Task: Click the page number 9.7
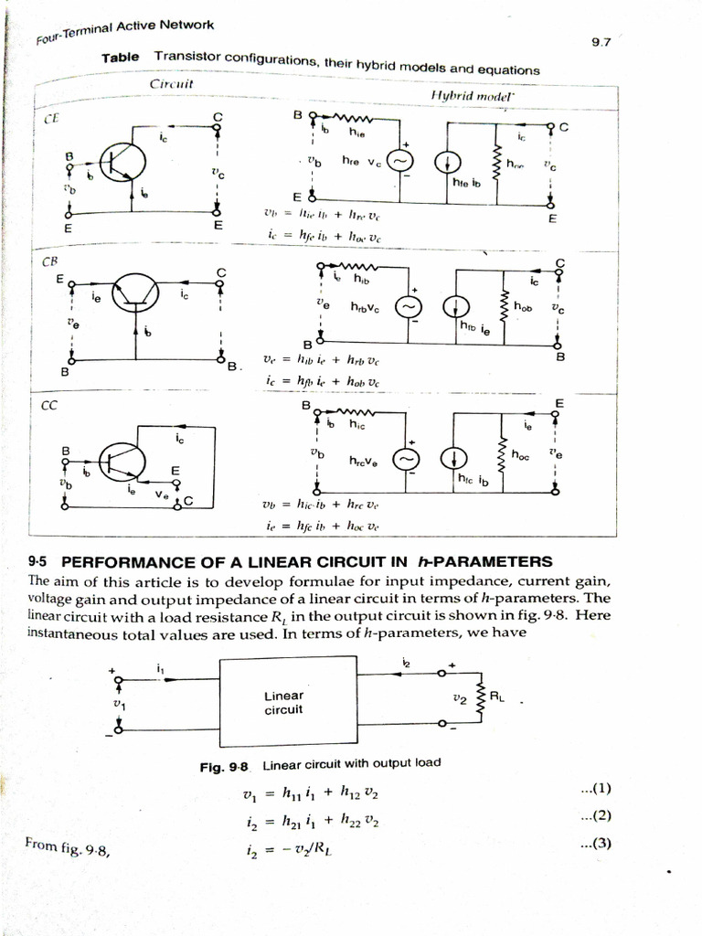pos(601,41)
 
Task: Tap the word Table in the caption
pos(121,57)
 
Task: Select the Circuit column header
pos(171,84)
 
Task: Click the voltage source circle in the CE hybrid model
pos(399,162)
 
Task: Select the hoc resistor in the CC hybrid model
pos(500,452)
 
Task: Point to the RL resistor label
pos(496,697)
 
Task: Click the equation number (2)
pos(595,815)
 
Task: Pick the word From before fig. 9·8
pos(42,847)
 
